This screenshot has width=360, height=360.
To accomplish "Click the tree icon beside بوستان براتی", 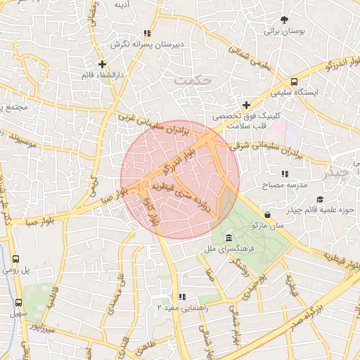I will [x=285, y=20].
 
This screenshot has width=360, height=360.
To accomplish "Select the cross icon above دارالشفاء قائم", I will [x=102, y=65].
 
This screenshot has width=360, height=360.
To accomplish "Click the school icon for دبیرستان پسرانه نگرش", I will [x=146, y=33].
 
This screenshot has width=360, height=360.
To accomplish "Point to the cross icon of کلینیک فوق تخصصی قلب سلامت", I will [x=246, y=105].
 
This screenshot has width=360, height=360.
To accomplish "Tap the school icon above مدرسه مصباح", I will [x=284, y=173].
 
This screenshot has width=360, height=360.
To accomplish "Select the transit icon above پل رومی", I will [x=16, y=259].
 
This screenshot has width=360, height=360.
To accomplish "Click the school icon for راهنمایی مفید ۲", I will [x=183, y=297].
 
